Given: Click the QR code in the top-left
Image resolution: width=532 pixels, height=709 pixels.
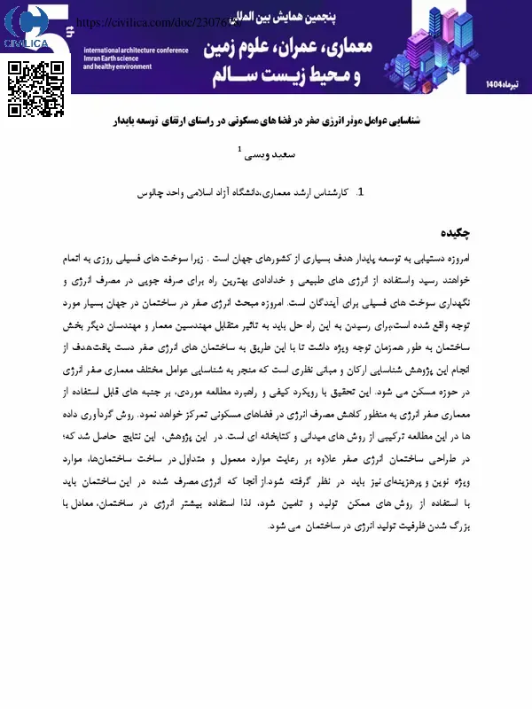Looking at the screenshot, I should tap(36, 89).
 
